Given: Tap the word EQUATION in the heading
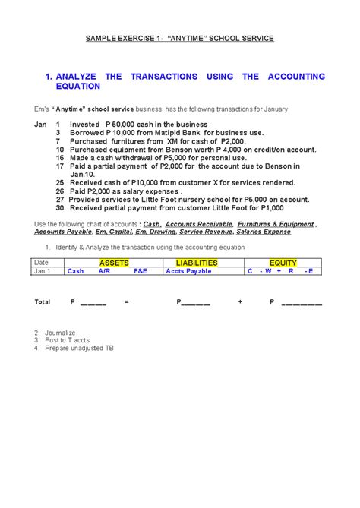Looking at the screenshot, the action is (x=78, y=87).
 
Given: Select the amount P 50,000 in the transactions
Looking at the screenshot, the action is (x=122, y=124).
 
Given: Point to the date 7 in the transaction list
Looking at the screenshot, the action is (x=58, y=141).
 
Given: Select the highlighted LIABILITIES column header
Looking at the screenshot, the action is (x=196, y=263).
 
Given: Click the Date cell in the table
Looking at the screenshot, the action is (x=41, y=263).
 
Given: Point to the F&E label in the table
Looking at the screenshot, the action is (x=141, y=271).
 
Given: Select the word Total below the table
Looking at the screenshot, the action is (x=43, y=302).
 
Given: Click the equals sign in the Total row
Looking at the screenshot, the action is (x=127, y=302).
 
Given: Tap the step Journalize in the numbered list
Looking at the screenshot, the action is (x=61, y=333).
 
